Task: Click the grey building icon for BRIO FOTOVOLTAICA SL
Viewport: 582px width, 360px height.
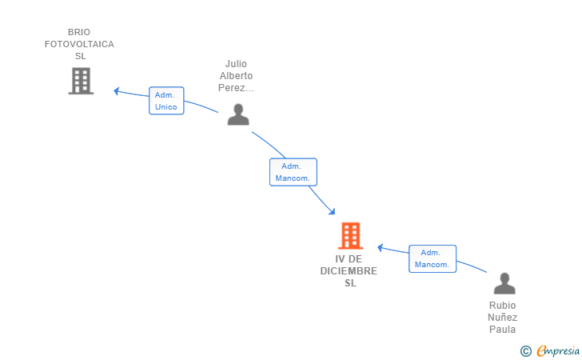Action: tap(81, 81)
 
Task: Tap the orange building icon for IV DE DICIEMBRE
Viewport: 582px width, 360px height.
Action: tap(350, 235)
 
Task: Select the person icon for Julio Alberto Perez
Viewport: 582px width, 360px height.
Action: tap(238, 114)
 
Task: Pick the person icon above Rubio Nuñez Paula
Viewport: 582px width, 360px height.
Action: tap(504, 283)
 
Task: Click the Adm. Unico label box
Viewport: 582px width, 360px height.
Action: tap(166, 101)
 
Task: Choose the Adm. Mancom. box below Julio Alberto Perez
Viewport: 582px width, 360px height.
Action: tap(293, 172)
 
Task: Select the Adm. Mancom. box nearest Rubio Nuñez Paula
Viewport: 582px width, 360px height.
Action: tap(433, 258)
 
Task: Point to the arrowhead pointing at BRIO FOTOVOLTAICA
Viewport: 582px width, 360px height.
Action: tap(116, 90)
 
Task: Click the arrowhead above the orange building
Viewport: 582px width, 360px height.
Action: tap(332, 212)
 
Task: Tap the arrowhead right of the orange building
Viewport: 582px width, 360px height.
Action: tap(380, 247)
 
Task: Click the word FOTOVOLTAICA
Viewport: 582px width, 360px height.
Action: tap(79, 44)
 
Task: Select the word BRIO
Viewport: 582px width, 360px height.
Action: tap(79, 32)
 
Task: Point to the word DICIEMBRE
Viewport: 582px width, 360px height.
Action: tap(349, 271)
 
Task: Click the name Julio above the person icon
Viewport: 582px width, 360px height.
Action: tap(236, 63)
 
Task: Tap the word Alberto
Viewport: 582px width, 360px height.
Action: tap(236, 76)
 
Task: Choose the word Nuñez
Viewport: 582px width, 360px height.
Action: tap(503, 318)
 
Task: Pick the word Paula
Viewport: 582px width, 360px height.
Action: tap(503, 329)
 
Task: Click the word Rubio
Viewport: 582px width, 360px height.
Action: tap(503, 305)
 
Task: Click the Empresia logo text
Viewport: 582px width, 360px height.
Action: tap(558, 350)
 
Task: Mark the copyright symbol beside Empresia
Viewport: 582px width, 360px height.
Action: tap(526, 351)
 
